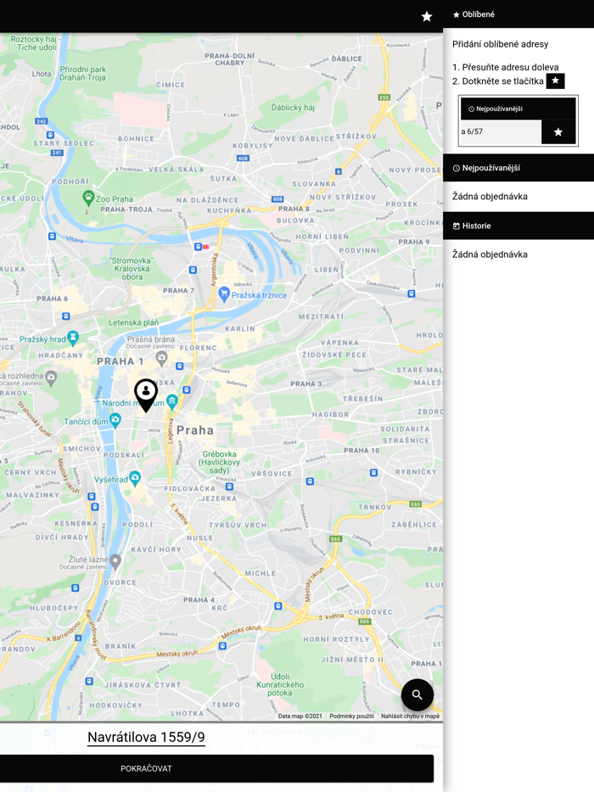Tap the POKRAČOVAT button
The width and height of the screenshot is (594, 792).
coord(216,768)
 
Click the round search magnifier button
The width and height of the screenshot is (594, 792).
coord(417,694)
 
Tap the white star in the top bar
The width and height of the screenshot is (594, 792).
coord(427,16)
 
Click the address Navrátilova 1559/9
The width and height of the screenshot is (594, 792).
coord(146,737)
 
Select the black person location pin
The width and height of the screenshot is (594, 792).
coord(146,394)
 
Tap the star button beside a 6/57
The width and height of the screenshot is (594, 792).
coord(558,131)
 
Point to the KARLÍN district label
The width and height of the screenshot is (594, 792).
coord(240,328)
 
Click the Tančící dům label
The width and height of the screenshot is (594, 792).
coord(87,421)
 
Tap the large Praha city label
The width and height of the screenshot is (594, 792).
coord(195,430)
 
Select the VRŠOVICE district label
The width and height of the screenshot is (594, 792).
coord(272,474)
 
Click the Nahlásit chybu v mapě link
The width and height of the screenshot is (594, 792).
coord(410,717)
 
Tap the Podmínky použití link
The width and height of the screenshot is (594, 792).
coord(351,717)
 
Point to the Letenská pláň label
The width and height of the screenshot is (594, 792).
coord(133,322)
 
